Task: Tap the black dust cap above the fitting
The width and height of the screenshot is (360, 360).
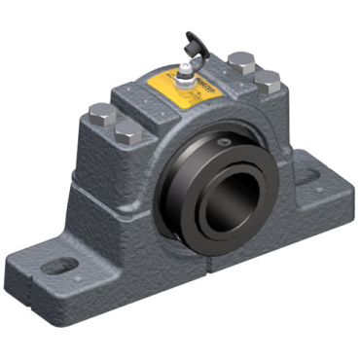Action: point(192,42)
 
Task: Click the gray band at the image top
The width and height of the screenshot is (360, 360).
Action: point(180,13)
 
